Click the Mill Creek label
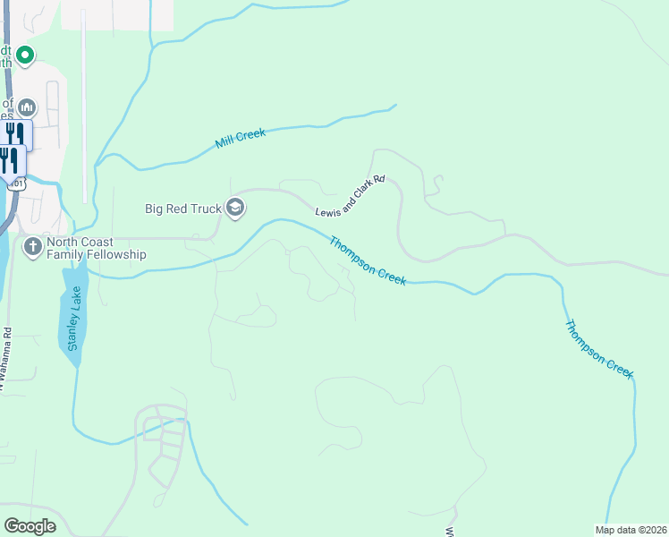241,139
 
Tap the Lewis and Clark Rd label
350,196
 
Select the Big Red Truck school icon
235,209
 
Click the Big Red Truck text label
182,209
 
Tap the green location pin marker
25,55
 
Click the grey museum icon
27,108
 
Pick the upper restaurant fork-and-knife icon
15,134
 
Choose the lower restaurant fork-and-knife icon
9,160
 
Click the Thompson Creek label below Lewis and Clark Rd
368,260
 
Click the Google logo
30,526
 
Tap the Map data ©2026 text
631,530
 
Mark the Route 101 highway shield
15,183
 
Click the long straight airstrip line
83,107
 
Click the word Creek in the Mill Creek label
251,135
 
